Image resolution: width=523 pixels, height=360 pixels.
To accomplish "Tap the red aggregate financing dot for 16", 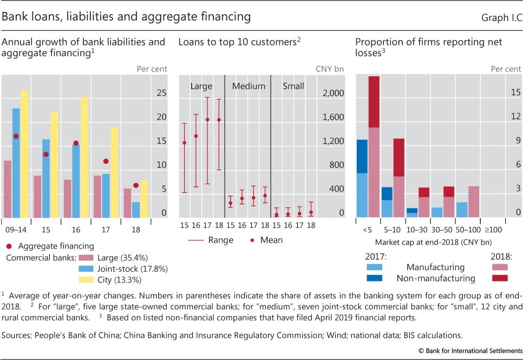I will tap(76, 143).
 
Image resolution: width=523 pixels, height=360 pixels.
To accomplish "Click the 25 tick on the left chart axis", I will tap(161, 93).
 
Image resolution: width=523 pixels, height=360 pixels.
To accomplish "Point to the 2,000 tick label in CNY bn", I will tap(334, 93).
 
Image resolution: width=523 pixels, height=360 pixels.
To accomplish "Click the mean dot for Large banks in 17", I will tap(207, 119).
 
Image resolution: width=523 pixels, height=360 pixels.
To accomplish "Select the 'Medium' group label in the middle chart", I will tap(249, 86).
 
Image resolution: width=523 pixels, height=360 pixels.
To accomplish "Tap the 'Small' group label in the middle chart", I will tap(293, 86).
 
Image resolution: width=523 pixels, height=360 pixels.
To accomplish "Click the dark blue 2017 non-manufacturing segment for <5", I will tap(362, 156).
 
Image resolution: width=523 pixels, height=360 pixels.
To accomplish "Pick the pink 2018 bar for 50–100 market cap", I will tap(474, 201).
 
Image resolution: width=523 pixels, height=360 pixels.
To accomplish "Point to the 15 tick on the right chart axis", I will tap(515, 93).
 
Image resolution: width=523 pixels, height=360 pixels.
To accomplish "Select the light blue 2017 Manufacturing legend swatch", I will tap(374, 267).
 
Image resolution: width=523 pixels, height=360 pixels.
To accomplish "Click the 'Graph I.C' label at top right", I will tap(500, 17).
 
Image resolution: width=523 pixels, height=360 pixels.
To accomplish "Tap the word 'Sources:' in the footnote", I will tap(17, 336).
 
